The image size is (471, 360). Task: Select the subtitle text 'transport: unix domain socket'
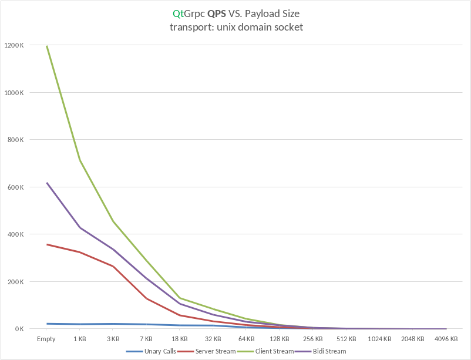point(235,27)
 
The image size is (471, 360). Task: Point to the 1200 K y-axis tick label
point(13,45)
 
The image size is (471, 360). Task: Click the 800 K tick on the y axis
point(15,140)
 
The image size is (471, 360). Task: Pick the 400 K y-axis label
point(15,234)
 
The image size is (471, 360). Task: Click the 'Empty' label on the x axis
point(46,339)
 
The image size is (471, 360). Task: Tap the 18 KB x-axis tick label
point(180,339)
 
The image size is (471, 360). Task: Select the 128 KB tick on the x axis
point(280,339)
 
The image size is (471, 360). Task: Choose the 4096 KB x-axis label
point(446,339)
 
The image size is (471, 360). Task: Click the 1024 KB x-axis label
point(379,339)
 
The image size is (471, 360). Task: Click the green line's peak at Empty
point(47,46)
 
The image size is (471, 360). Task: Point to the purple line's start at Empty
point(47,183)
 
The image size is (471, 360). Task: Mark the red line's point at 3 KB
point(113,266)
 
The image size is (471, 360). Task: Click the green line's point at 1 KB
point(80,160)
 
